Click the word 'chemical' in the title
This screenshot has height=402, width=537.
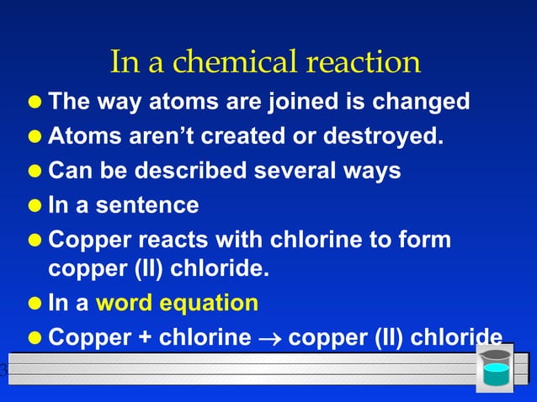point(238,61)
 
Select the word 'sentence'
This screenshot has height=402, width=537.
point(147,204)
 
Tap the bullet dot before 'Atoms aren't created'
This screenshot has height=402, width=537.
point(35,136)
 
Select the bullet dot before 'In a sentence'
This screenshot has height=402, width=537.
point(35,205)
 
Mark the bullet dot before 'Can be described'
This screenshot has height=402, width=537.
point(35,171)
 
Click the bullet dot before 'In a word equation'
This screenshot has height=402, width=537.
point(35,304)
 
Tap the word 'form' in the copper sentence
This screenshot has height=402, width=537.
point(427,239)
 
